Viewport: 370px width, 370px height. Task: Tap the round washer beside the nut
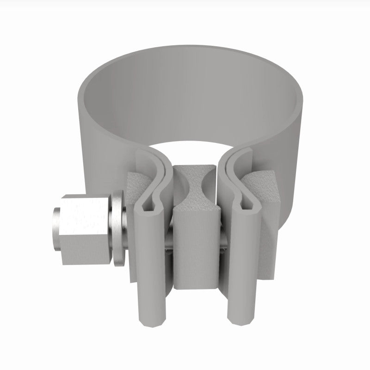[x=117, y=229]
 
